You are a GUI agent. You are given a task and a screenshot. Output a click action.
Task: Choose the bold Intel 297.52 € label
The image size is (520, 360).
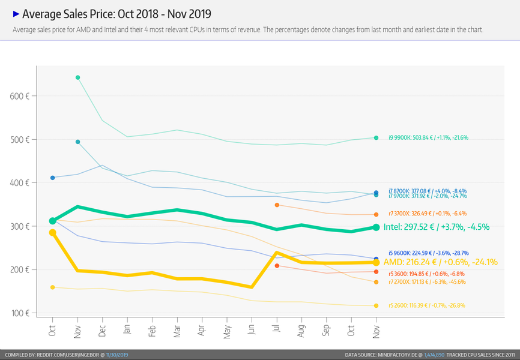(x=437, y=227)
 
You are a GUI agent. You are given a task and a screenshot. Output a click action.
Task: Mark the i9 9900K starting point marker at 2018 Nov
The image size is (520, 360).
(x=77, y=77)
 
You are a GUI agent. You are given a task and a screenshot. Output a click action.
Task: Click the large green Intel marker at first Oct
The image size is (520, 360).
(x=53, y=221)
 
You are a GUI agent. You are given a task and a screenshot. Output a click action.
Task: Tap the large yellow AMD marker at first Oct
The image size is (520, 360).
(x=53, y=232)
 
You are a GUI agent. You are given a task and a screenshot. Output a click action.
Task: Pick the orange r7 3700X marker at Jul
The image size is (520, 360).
(x=277, y=205)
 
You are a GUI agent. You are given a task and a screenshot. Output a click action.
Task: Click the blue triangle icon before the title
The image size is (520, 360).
(x=16, y=13)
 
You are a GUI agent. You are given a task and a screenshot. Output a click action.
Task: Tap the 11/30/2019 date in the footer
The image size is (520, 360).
(x=118, y=355)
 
